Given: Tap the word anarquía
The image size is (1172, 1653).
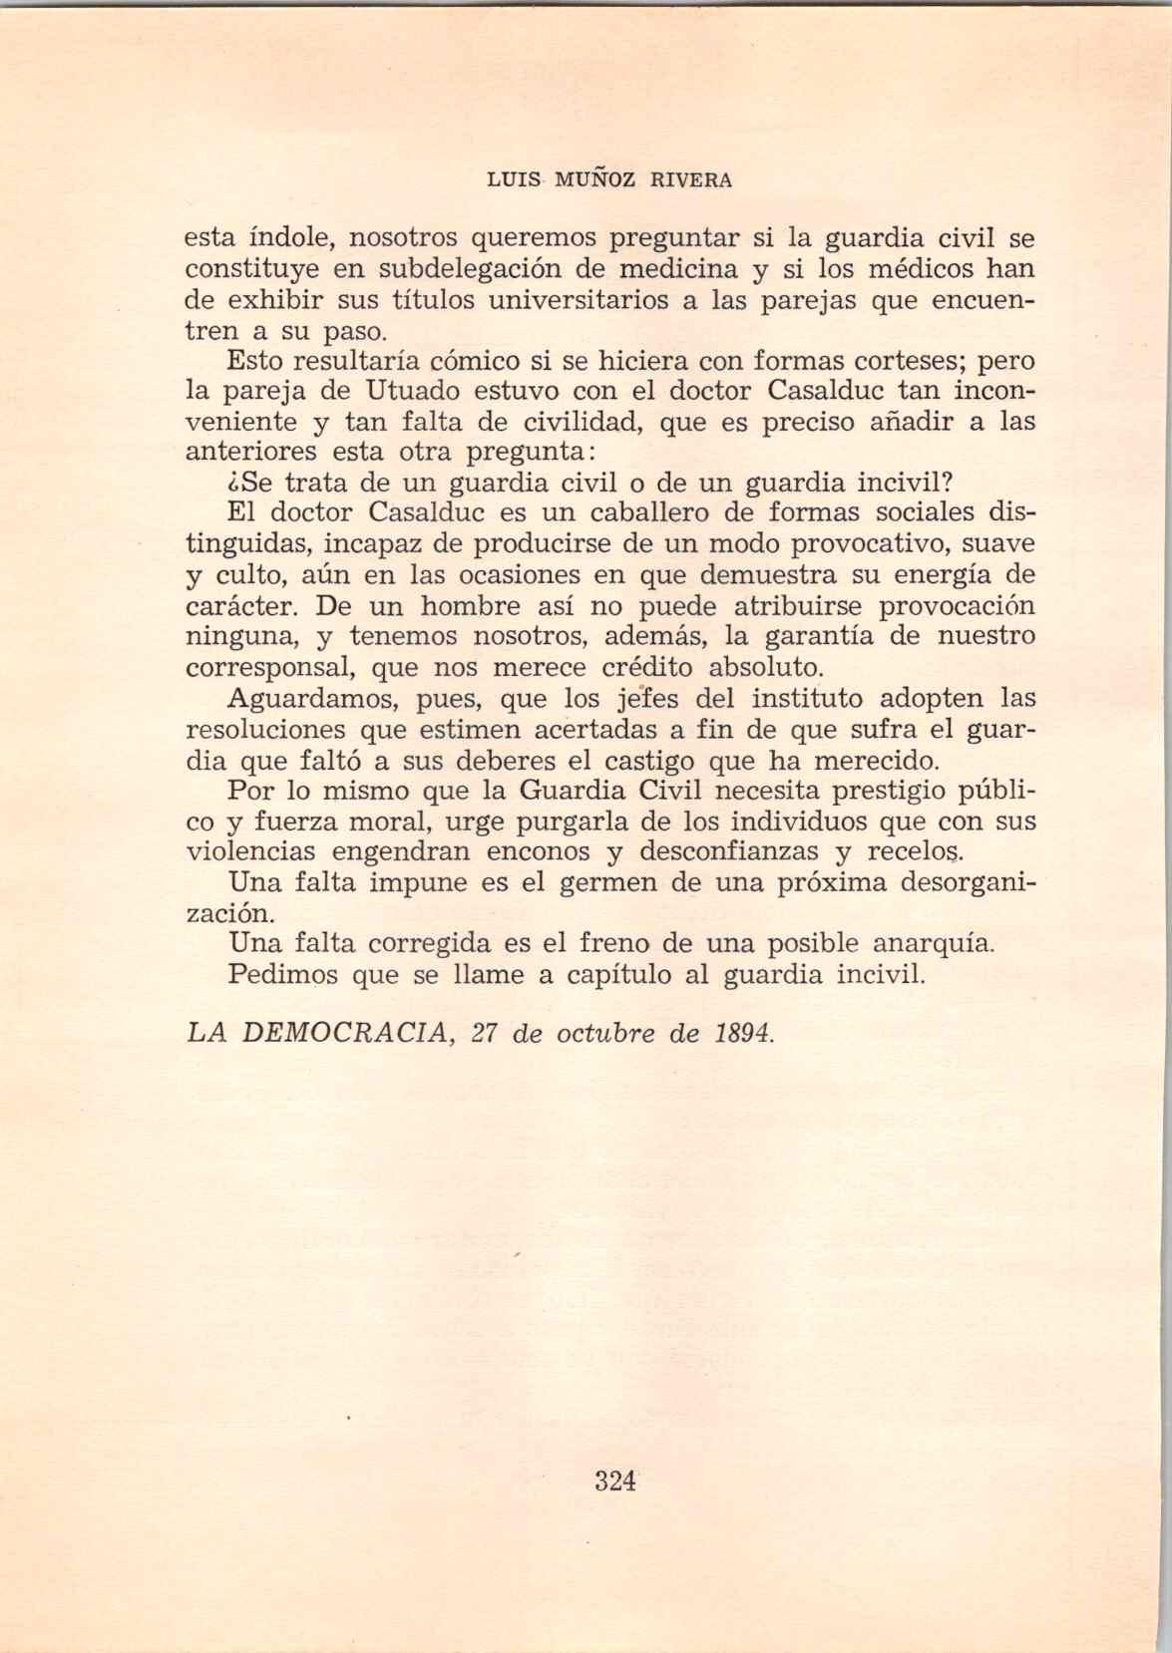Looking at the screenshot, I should click(932, 944).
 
